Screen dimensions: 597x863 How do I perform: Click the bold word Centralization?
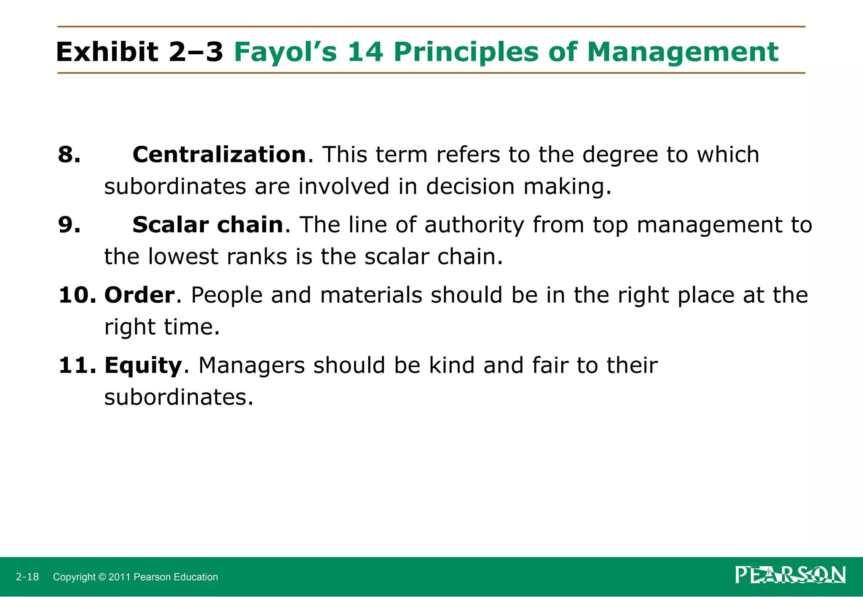click(x=219, y=155)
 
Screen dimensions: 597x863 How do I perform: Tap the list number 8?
click(x=69, y=155)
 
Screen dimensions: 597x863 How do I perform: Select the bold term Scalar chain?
click(x=208, y=225)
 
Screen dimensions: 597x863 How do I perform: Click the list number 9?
click(x=69, y=225)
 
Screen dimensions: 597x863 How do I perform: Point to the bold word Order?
click(x=139, y=295)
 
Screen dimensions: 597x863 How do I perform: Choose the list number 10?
click(x=78, y=295)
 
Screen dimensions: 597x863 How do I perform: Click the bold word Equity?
click(x=143, y=365)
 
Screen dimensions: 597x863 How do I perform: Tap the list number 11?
click(x=78, y=365)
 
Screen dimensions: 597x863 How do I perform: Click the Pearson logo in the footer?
click(x=791, y=575)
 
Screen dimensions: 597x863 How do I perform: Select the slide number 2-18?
click(x=27, y=577)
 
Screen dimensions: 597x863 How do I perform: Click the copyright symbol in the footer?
click(x=102, y=577)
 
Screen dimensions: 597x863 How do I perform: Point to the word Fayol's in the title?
click(x=286, y=52)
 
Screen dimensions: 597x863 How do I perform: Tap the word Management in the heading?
click(x=683, y=52)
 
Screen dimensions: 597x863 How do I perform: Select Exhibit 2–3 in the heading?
click(x=139, y=52)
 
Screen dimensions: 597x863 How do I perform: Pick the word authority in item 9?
click(x=474, y=225)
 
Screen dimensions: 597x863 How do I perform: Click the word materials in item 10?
click(x=371, y=295)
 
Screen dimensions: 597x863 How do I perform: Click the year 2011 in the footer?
click(x=120, y=577)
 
